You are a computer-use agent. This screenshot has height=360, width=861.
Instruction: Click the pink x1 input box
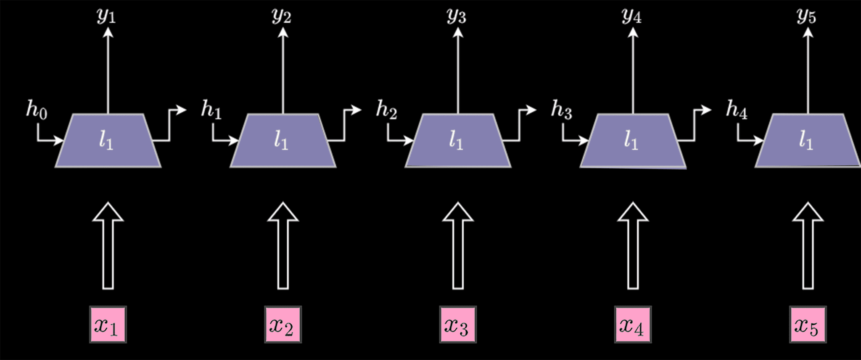(108, 325)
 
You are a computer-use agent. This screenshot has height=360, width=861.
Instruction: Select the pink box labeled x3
(458, 325)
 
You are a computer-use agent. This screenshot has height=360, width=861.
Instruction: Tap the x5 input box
(808, 325)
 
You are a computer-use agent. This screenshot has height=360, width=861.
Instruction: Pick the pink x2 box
(283, 325)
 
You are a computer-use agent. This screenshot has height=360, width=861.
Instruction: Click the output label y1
(106, 16)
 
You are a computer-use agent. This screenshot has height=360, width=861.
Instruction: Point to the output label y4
(631, 16)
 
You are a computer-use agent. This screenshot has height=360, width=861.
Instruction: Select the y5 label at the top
(806, 16)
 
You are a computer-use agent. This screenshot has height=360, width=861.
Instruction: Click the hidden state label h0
(37, 109)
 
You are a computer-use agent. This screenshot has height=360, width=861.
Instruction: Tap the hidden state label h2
(386, 109)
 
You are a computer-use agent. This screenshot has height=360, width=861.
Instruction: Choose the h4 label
(737, 109)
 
